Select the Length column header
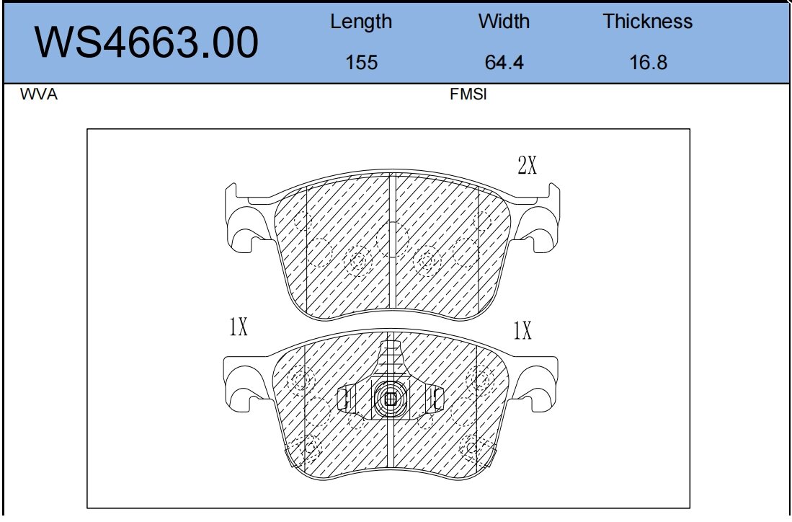(x=361, y=22)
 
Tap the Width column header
(x=504, y=22)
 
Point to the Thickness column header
(x=647, y=22)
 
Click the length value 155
(x=361, y=63)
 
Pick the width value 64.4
(x=504, y=63)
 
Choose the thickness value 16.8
(x=648, y=63)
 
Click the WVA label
(x=40, y=94)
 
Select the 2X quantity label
(x=528, y=167)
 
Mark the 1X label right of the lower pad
(x=522, y=331)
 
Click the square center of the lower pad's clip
(x=390, y=398)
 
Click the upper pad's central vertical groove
(x=393, y=245)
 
